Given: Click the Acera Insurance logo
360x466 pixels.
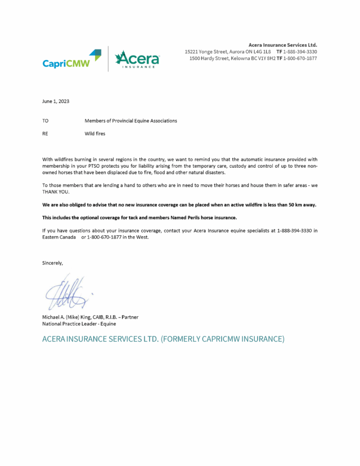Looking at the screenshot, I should [x=137, y=59].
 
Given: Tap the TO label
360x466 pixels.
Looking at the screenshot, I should [x=46, y=120].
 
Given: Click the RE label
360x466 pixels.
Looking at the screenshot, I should [x=46, y=134].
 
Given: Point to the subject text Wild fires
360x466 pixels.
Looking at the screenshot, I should [x=94, y=134].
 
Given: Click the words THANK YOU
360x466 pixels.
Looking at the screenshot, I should [x=56, y=191].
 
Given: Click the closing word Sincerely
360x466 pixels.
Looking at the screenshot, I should [x=53, y=263].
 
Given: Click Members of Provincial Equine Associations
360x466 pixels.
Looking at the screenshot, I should [x=130, y=120].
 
